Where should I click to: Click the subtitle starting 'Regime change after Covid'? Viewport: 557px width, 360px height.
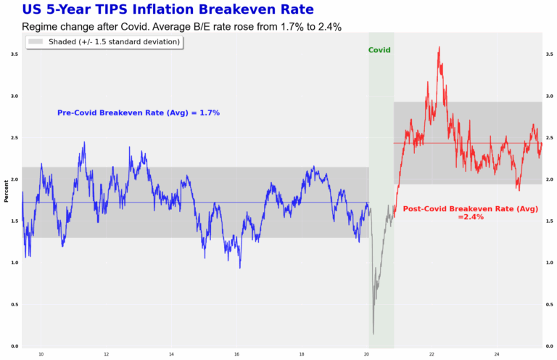point(181,27)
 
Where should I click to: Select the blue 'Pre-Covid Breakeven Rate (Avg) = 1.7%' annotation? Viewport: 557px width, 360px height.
point(139,113)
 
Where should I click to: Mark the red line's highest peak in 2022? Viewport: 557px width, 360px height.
point(439,48)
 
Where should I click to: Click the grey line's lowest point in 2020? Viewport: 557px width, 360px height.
point(374,333)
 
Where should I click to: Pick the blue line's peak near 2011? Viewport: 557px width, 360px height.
point(85,142)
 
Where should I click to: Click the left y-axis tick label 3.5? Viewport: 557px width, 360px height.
point(15,54)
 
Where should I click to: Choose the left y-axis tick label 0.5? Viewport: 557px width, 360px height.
point(15,304)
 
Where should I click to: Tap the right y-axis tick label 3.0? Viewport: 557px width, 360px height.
point(550,96)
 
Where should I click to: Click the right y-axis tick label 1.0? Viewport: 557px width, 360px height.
point(550,263)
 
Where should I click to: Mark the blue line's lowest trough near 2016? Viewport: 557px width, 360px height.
point(240,267)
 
